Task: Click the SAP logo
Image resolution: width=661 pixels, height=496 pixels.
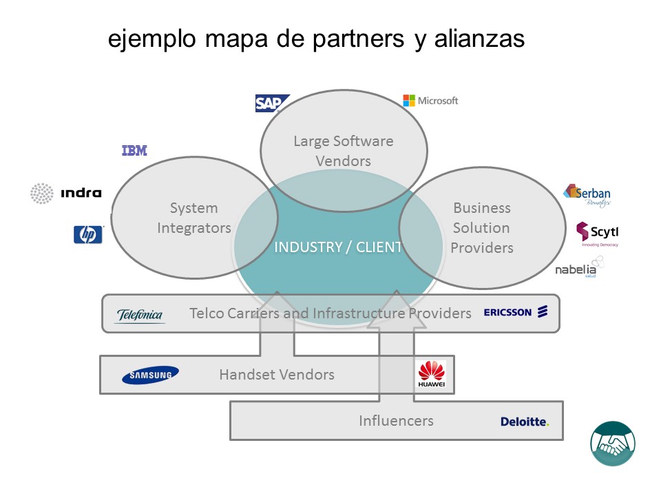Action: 271,103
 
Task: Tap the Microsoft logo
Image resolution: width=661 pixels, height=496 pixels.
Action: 430,101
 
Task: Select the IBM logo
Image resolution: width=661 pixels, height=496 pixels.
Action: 134,151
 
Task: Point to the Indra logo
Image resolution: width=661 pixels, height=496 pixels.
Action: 66,193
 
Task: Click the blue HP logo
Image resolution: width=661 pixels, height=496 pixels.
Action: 88,235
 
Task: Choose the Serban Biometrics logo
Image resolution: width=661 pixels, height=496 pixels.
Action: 587,195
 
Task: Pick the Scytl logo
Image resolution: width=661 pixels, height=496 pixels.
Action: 597,233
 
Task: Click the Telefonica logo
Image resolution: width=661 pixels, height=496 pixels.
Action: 140,316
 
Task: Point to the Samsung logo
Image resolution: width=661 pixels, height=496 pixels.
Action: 150,375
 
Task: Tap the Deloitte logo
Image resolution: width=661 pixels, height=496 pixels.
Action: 525,422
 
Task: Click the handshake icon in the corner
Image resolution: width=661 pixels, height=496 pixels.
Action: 612,444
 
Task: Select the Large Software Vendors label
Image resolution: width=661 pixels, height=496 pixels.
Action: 343,151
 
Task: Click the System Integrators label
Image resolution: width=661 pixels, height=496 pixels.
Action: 193,218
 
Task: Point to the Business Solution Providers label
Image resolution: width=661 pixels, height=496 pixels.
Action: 482,227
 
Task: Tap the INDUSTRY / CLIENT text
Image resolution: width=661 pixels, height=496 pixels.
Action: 337,247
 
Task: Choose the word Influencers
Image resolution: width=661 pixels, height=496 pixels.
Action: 396,420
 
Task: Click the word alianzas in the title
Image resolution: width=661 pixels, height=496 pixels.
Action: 479,39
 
